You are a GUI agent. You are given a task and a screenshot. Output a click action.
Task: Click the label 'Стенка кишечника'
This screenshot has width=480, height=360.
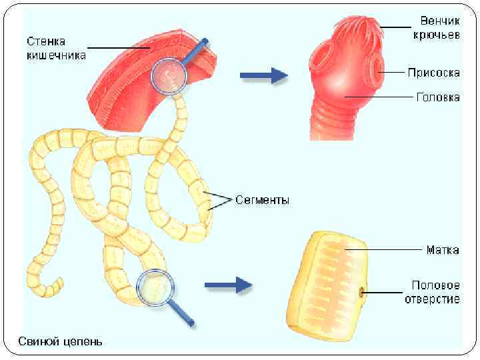[57, 47]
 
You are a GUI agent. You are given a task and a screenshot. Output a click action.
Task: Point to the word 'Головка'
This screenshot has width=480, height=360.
[437, 97]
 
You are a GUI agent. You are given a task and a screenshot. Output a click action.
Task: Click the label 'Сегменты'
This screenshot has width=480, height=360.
[263, 199]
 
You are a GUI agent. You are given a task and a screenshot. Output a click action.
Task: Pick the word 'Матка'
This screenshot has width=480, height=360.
[442, 251]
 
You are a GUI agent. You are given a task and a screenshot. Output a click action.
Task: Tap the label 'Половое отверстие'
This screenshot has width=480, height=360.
[432, 293]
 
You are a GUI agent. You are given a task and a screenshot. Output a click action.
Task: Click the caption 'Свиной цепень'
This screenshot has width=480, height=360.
[60, 342]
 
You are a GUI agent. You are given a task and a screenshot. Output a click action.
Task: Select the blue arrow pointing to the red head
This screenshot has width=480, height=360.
[263, 76]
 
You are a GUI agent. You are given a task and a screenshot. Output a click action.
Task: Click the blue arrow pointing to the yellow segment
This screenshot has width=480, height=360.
[227, 286]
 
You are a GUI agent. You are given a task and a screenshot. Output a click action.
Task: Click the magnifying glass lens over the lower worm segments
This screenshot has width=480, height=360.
[155, 287]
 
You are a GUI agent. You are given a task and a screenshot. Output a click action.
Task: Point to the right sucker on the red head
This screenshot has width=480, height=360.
[377, 67]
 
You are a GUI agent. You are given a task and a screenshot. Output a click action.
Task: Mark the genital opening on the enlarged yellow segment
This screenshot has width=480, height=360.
[362, 291]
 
